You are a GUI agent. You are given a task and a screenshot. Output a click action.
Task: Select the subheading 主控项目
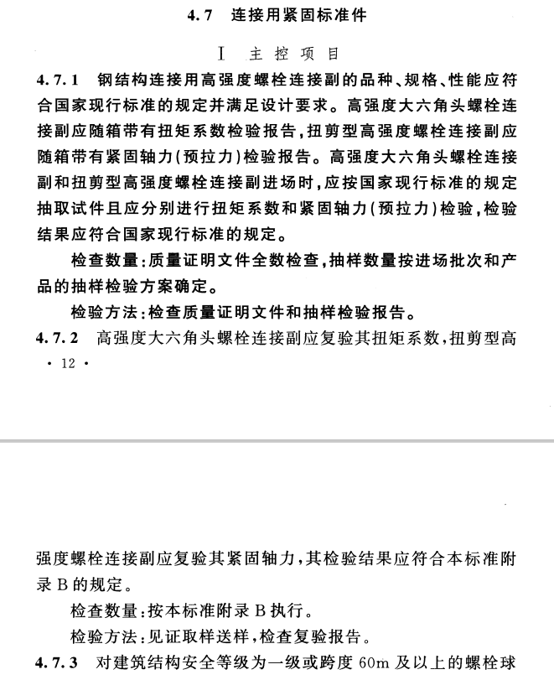coord(294,54)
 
